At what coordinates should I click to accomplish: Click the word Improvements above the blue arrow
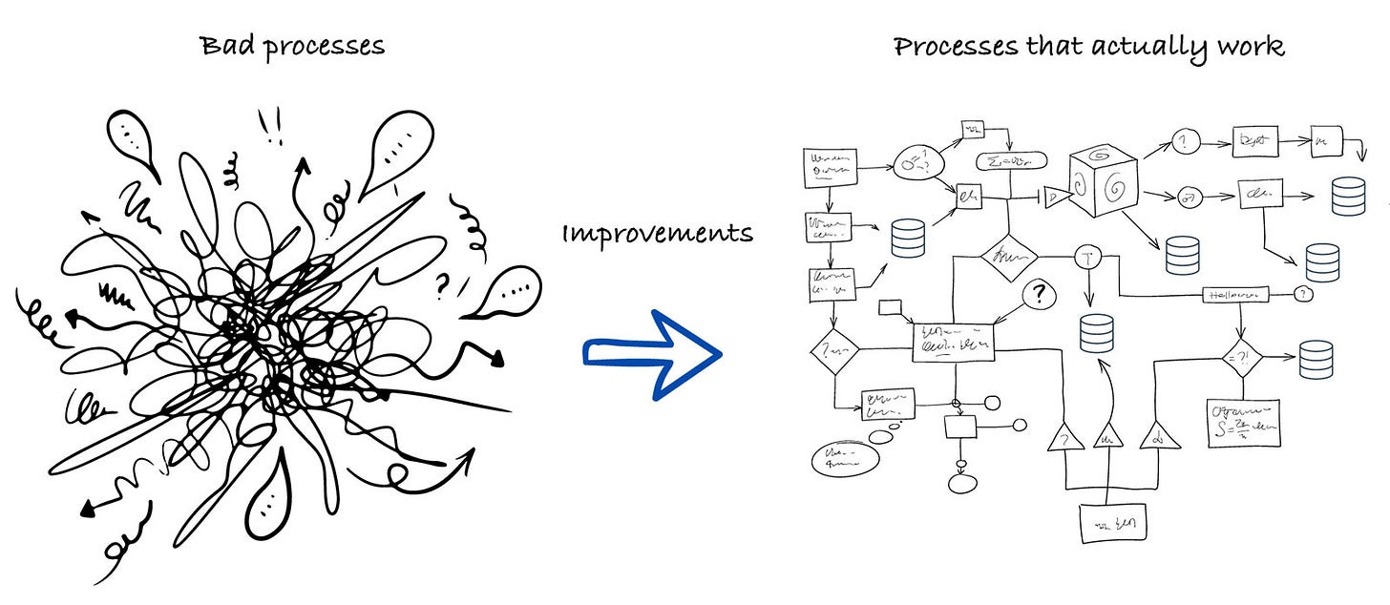pyautogui.click(x=657, y=233)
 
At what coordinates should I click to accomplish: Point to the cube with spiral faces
pyautogui.click(x=1102, y=181)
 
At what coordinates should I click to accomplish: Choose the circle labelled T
pyautogui.click(x=1088, y=257)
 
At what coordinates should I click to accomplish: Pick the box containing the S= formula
pyautogui.click(x=1243, y=422)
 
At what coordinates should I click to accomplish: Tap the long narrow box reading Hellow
pyautogui.click(x=1235, y=296)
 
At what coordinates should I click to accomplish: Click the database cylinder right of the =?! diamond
pyautogui.click(x=1316, y=359)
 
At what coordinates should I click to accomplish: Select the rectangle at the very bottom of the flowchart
pyautogui.click(x=1112, y=523)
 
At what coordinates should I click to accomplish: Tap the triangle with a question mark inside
pyautogui.click(x=1063, y=438)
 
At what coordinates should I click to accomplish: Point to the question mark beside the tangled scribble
pyautogui.click(x=443, y=283)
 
